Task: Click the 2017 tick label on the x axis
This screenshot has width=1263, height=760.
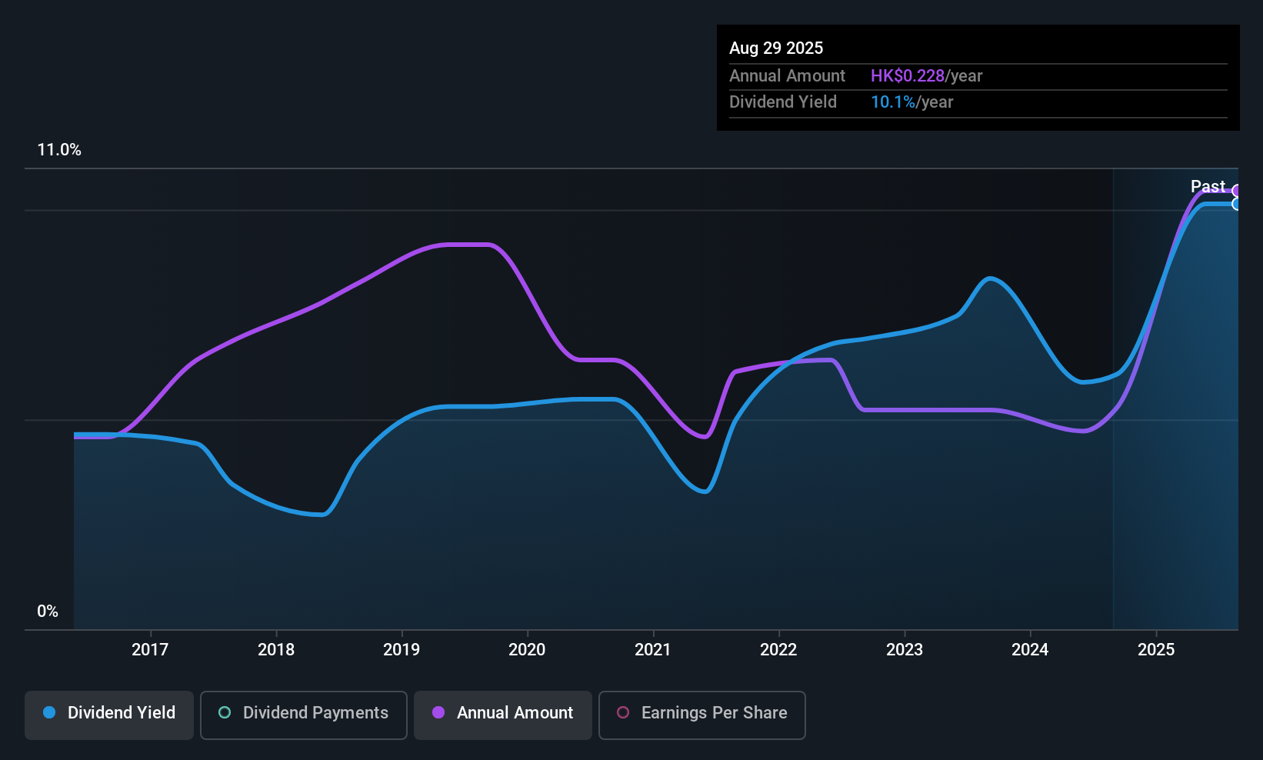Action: click(149, 649)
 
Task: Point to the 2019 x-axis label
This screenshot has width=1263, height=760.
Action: click(402, 649)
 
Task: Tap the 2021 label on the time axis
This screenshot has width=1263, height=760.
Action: click(652, 649)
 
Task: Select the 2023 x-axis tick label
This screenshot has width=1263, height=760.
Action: click(904, 649)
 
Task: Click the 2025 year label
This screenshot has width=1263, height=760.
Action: click(1155, 649)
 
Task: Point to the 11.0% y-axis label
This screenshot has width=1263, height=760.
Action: click(59, 150)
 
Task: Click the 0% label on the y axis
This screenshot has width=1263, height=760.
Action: click(48, 612)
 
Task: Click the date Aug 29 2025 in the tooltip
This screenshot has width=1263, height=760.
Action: click(775, 48)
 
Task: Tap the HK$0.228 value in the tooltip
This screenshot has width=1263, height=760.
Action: click(907, 76)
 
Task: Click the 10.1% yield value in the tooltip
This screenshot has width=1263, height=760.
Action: click(892, 102)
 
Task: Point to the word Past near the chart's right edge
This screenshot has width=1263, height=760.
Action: click(1207, 186)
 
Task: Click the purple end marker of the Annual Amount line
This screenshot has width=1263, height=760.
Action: click(1237, 191)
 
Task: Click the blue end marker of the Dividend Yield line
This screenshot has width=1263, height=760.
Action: click(1237, 204)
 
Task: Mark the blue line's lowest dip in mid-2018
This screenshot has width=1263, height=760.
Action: click(322, 515)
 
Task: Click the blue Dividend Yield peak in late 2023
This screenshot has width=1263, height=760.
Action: click(991, 278)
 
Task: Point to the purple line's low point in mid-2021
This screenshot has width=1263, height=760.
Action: click(705, 437)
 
